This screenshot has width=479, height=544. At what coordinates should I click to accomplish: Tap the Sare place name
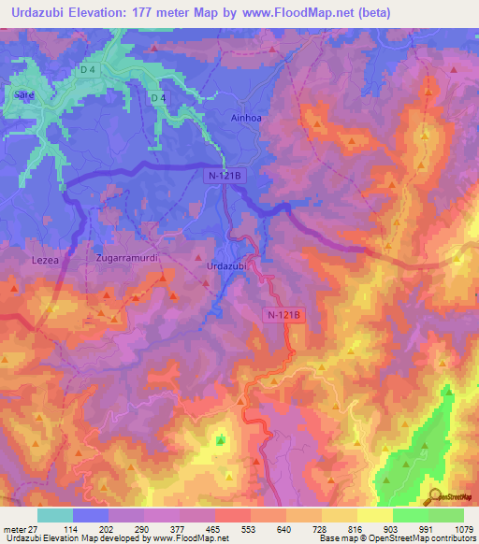tap(23, 94)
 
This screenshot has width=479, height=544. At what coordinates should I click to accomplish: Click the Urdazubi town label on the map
tap(225, 266)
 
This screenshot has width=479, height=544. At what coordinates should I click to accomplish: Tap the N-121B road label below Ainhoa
tap(224, 174)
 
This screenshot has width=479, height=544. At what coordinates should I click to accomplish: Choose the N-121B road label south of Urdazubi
tap(280, 315)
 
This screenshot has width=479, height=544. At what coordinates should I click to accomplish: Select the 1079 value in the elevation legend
tap(464, 529)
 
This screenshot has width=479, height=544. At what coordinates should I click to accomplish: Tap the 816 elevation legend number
tap(363, 529)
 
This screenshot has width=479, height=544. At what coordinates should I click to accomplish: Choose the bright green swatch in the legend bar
tap(410, 515)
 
